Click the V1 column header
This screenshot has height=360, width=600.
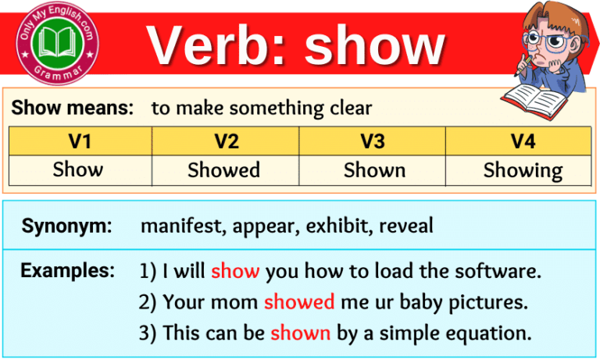tap(79, 141)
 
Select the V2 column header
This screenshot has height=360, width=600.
tap(225, 141)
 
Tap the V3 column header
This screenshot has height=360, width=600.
tap(373, 141)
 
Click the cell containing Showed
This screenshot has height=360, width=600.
tap(225, 170)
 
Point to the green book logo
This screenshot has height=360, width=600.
tap(55, 44)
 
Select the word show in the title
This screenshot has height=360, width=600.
tap(374, 47)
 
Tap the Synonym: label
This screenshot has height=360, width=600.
tap(66, 226)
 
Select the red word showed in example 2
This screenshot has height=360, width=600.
tap(299, 302)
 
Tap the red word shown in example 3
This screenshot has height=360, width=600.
tap(301, 332)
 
